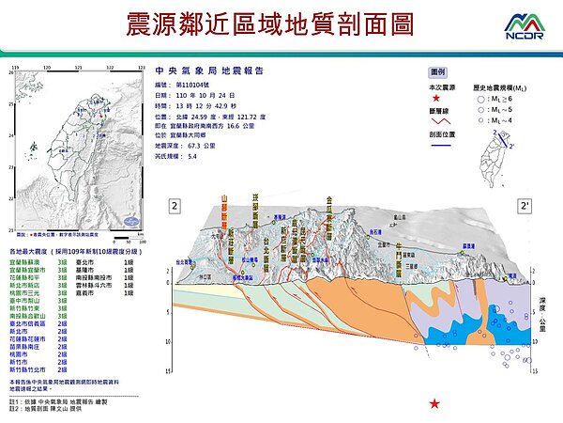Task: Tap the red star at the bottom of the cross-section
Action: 434,404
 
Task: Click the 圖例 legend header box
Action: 437,71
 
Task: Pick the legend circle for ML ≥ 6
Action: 479,98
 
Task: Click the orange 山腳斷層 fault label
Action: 224,213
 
